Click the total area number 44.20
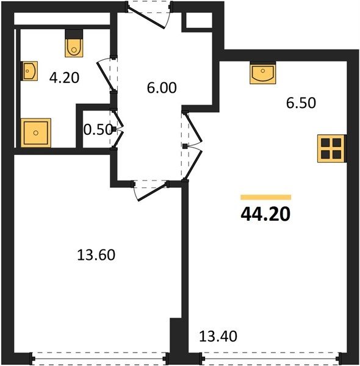(x=265, y=214)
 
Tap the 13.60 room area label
(x=96, y=254)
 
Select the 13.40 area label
(x=218, y=336)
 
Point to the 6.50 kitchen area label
(x=301, y=102)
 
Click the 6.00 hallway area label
(x=162, y=88)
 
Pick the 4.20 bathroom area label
(x=64, y=77)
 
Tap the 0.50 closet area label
(x=98, y=129)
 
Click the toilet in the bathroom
(x=74, y=48)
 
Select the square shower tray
(x=36, y=133)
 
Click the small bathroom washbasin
(x=29, y=71)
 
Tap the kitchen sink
(x=262, y=74)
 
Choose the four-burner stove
(x=331, y=148)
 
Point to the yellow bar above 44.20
(x=265, y=197)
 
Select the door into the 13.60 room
(x=153, y=192)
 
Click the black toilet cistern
(x=74, y=34)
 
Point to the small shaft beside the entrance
(x=199, y=20)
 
